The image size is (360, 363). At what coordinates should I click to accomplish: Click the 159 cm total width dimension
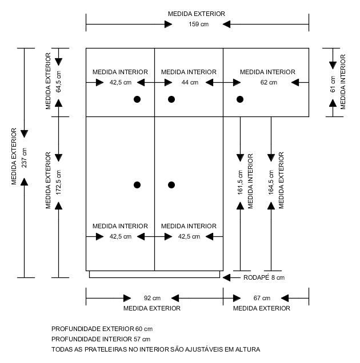click(198, 25)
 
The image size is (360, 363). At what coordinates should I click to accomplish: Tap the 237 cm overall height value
click(24, 158)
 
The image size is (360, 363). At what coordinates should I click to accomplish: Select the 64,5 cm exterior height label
click(58, 82)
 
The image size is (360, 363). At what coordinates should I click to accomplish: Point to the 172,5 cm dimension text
click(58, 183)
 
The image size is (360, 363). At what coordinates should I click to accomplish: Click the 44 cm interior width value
click(190, 82)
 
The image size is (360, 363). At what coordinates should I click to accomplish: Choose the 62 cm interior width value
click(269, 82)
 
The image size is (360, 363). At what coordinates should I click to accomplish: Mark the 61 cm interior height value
click(333, 84)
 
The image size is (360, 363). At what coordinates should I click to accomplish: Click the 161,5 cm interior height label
click(240, 183)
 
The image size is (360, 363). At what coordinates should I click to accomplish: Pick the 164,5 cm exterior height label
click(271, 183)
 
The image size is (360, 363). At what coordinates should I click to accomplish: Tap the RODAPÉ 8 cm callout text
click(264, 277)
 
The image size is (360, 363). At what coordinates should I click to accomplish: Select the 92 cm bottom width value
click(152, 298)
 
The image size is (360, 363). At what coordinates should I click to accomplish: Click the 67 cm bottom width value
click(262, 298)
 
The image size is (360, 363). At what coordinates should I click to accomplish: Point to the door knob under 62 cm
click(240, 99)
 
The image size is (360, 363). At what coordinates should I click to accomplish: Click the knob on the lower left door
click(137, 185)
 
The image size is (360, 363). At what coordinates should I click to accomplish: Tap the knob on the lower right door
click(171, 185)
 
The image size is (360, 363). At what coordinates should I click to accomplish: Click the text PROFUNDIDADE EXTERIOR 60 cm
click(102, 329)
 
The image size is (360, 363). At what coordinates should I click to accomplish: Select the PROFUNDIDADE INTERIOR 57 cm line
click(101, 339)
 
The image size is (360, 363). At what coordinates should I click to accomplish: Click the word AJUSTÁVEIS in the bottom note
click(204, 349)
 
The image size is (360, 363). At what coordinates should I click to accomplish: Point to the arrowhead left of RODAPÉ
click(226, 277)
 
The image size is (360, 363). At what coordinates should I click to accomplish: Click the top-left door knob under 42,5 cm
click(137, 99)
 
